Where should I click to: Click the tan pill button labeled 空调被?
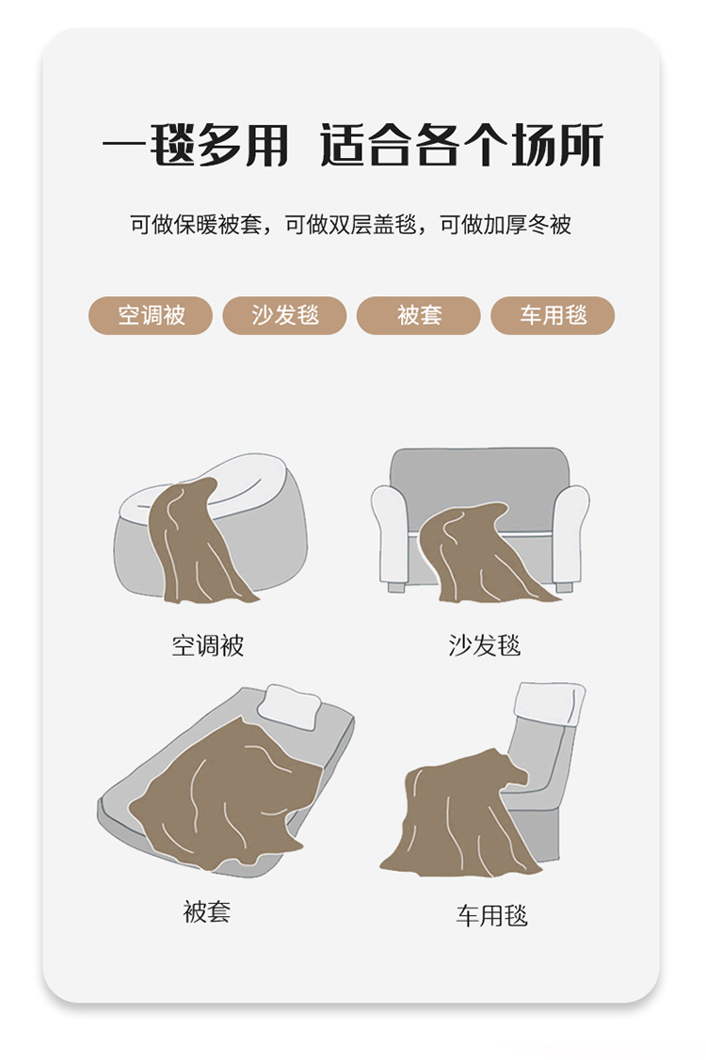coord(151,315)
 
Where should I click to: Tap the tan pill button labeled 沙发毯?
coord(284,315)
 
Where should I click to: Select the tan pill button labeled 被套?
coord(418,315)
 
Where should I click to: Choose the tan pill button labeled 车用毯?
coord(553,315)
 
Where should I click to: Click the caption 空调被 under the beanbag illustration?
coord(207,645)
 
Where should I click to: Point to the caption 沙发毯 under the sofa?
coord(484,645)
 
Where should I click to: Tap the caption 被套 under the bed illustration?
coord(206,912)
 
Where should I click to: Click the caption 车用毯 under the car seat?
coord(491,916)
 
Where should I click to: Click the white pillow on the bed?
coord(290,706)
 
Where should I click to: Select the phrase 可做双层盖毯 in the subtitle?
coord(350,225)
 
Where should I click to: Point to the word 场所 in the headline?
coord(556,145)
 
